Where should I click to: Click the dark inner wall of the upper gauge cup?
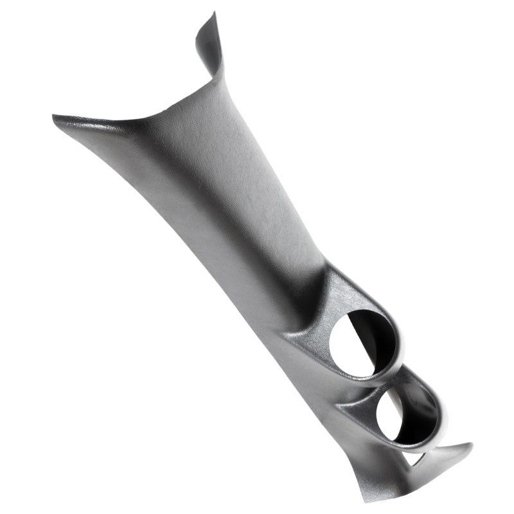tap(379, 334)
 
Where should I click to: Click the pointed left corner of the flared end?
tap(54, 117)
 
